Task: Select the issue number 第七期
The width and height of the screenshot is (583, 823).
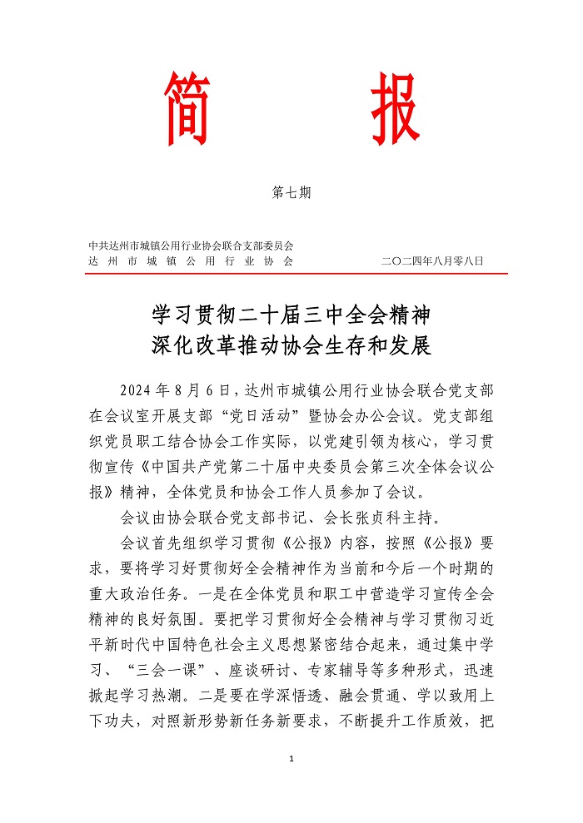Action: pyautogui.click(x=291, y=193)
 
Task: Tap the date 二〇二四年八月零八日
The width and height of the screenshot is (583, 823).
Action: pyautogui.click(x=431, y=261)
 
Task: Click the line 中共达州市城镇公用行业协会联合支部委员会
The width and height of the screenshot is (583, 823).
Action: pyautogui.click(x=192, y=246)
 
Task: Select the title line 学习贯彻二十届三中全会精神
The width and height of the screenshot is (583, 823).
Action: pyautogui.click(x=291, y=315)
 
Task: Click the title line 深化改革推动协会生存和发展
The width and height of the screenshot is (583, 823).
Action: pyautogui.click(x=291, y=345)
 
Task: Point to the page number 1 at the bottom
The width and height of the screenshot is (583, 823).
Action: pyautogui.click(x=292, y=759)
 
